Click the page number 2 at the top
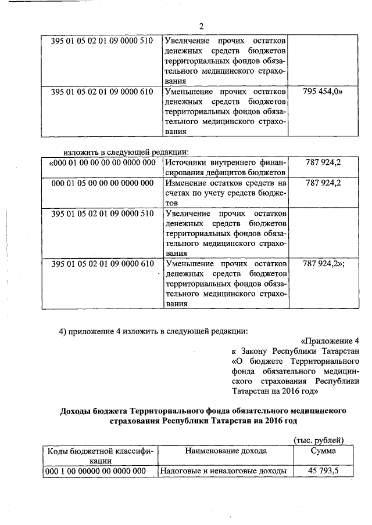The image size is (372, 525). (201, 26)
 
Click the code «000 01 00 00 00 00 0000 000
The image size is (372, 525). (102, 162)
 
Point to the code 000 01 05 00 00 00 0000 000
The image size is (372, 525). (102, 183)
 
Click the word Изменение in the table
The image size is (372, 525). (188, 183)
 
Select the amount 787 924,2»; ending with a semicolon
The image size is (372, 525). (324, 264)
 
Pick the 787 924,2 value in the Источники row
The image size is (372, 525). (323, 162)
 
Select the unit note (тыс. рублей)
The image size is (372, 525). (319, 440)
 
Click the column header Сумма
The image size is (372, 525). (323, 450)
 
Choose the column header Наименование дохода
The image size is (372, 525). (226, 450)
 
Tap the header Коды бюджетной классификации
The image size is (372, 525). (99, 455)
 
